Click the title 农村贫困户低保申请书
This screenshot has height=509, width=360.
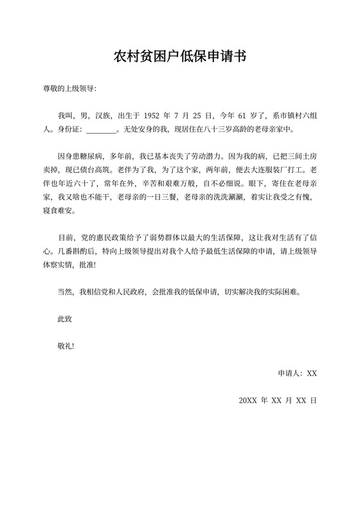(179, 58)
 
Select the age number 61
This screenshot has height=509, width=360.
(242, 116)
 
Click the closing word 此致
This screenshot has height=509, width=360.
(66, 319)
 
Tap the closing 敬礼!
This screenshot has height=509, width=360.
(67, 346)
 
